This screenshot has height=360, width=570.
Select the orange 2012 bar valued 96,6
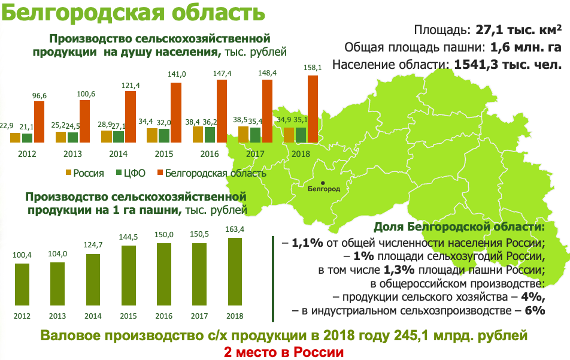click(x=39, y=121)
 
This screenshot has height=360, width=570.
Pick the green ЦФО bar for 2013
click(x=72, y=137)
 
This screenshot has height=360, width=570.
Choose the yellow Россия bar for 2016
click(x=198, y=134)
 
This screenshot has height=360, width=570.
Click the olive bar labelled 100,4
click(x=22, y=284)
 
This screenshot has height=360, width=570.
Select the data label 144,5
click(x=129, y=238)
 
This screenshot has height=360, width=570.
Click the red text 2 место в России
click(x=284, y=352)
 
